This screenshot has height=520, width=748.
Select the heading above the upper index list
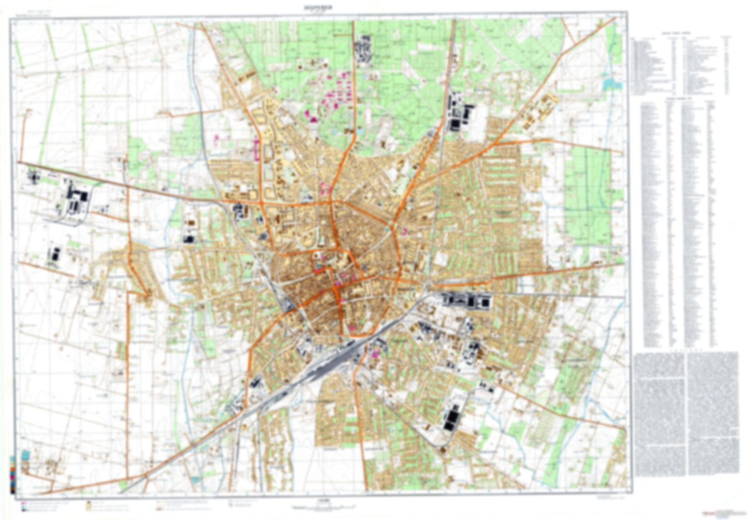coord(673,32)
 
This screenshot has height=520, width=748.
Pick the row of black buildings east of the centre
coord(466,300)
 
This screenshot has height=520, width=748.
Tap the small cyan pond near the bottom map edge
coord(195,480)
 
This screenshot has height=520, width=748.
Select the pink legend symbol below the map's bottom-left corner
coord(24,501)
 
